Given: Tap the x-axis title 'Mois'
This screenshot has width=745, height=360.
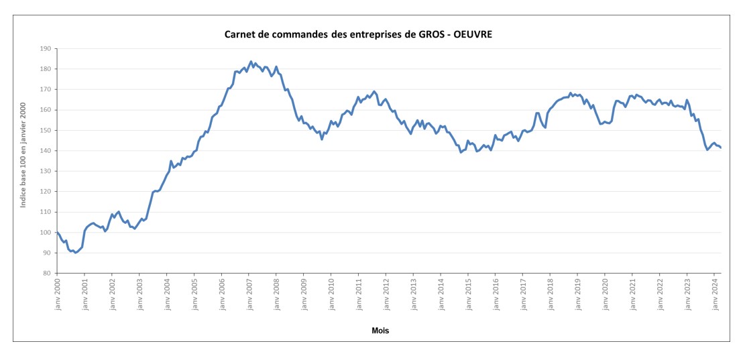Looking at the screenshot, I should [x=380, y=331].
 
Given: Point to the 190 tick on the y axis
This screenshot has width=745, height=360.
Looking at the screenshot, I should [x=46, y=48].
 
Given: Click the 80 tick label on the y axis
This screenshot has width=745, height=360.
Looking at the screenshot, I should [x=48, y=274].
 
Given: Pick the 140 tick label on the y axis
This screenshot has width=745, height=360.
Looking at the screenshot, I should [x=46, y=151].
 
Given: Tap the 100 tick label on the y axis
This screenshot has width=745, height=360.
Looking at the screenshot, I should [x=46, y=233].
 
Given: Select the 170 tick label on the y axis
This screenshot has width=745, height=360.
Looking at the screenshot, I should [x=46, y=89].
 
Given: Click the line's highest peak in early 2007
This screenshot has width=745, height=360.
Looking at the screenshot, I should [x=251, y=62].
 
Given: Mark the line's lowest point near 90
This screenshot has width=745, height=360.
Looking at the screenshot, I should [x=75, y=253].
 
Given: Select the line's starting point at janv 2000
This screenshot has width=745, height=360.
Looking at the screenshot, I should [x=57, y=232].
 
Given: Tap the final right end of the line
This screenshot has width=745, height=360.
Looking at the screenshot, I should [x=721, y=148].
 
